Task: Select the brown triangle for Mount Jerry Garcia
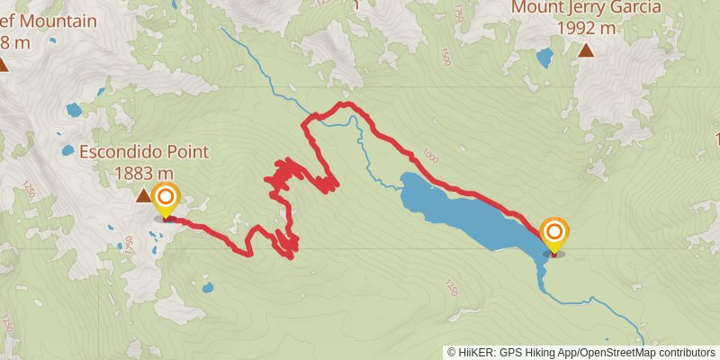click(586, 50)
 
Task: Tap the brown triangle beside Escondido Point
click(144, 195)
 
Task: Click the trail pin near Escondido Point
click(166, 200)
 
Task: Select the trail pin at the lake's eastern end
click(553, 235)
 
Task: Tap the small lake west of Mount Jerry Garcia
click(544, 59)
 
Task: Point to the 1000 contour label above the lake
click(428, 157)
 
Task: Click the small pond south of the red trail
click(208, 289)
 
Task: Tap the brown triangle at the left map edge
click(3, 64)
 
